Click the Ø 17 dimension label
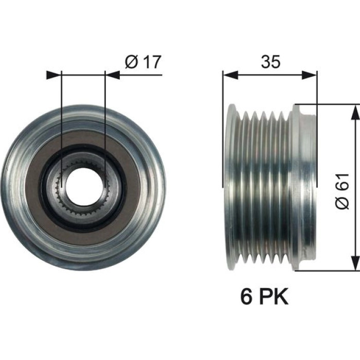[x=143, y=62]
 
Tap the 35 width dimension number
[x=271, y=62]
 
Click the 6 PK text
[x=264, y=297]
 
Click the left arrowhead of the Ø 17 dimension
[x=54, y=75]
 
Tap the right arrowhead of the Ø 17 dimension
[x=113, y=75]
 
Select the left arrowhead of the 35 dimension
[x=230, y=75]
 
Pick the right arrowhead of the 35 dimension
[x=309, y=75]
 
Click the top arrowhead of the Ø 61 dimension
[x=355, y=112]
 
